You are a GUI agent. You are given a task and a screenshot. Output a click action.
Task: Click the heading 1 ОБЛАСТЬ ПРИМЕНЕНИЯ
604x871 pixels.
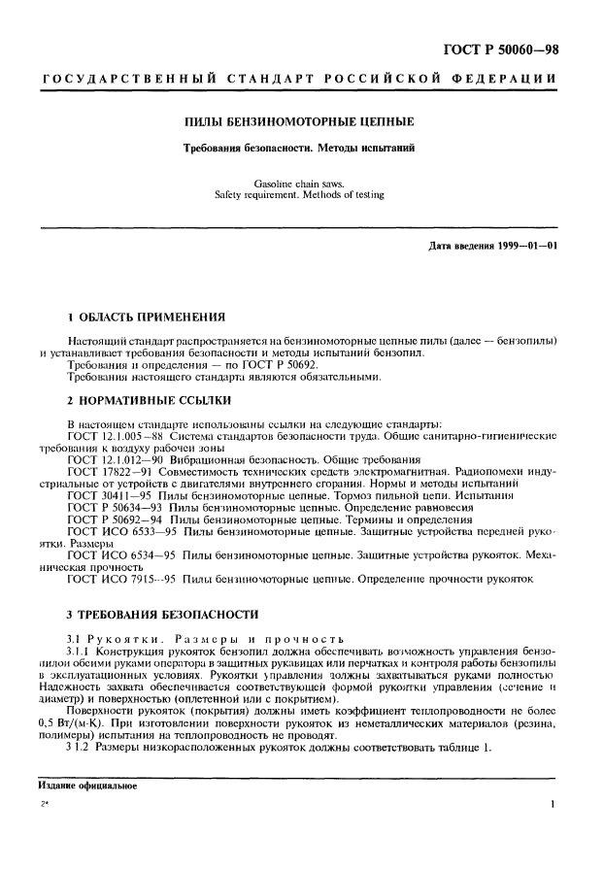(x=146, y=317)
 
